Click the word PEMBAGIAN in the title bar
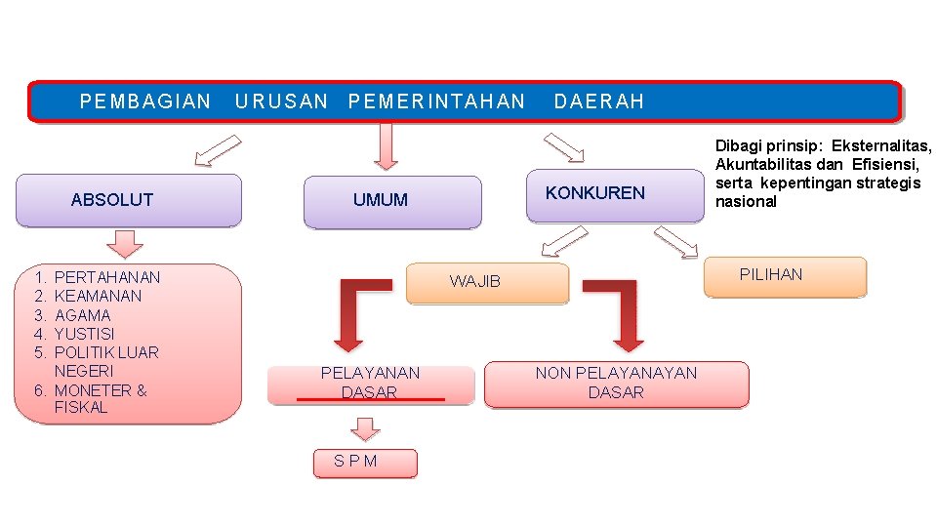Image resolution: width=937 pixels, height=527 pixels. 145,101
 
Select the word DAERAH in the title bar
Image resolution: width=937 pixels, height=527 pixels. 599,101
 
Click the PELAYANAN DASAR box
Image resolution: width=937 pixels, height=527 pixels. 370,383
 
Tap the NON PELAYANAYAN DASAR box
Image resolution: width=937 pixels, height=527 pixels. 616,383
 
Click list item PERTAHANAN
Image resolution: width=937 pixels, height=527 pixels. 107,278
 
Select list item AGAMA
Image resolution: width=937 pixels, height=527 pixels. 83,315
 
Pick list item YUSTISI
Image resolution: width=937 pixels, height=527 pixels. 84,334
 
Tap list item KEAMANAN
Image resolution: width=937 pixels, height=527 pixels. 98,297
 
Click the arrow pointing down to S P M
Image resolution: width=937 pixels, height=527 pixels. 365,428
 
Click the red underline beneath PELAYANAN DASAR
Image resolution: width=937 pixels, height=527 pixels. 370,399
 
